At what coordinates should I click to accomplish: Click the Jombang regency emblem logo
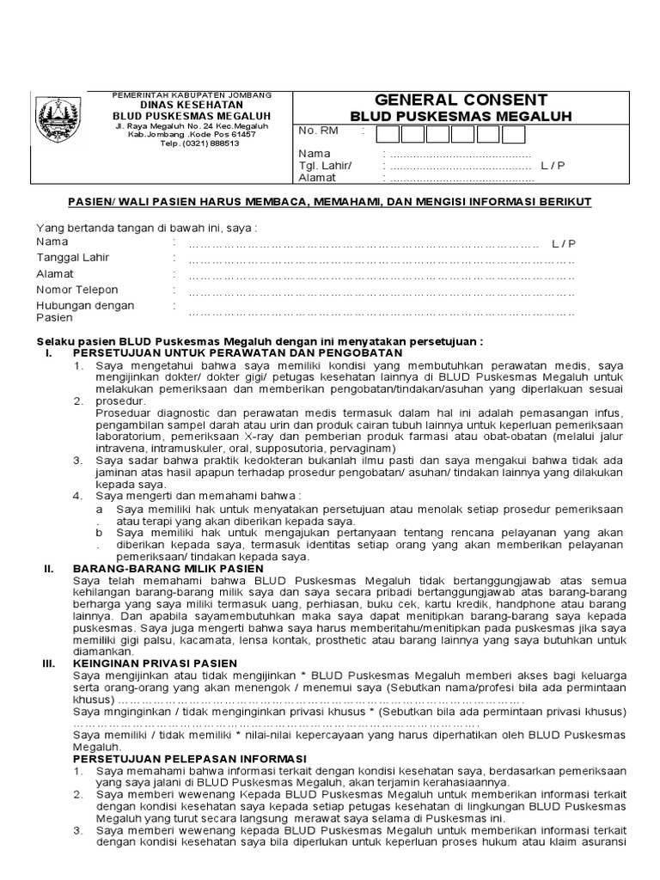pos(59,118)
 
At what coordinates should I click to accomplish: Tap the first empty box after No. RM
pos(388,134)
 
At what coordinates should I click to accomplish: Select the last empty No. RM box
pos(513,134)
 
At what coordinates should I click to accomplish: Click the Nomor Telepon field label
pos(77,290)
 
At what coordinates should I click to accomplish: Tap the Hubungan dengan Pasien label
pos(85,311)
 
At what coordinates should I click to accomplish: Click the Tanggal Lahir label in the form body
pos(73,258)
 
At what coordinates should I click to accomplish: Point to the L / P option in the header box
pos(553,166)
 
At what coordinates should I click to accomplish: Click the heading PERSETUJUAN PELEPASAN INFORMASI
pos(190,759)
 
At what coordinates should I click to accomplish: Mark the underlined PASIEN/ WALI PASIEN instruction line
pos(330,202)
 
